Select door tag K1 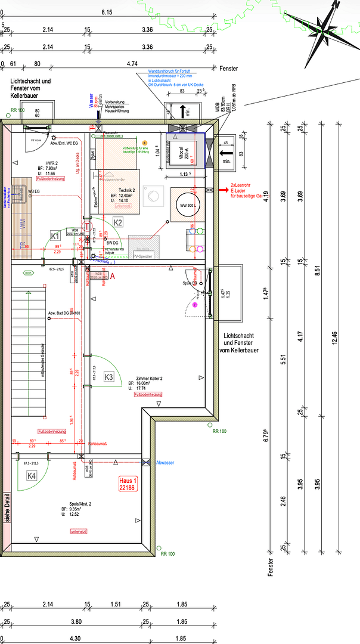click(55, 235)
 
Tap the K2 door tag click(118, 222)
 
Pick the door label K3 click(108, 377)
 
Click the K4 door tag click(32, 475)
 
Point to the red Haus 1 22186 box click(128, 484)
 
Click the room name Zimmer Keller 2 click(150, 379)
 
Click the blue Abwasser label click(165, 462)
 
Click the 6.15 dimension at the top click(107, 12)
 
